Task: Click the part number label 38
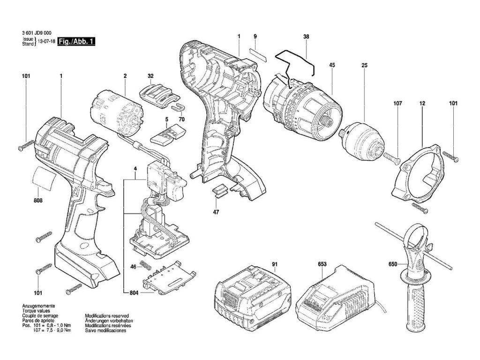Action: tap(306, 37)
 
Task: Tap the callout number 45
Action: tap(332, 65)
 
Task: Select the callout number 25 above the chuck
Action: tap(364, 65)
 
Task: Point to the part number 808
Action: tap(38, 201)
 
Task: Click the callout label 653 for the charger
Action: tap(322, 264)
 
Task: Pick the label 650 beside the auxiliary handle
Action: tap(393, 264)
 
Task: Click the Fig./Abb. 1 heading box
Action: tap(76, 42)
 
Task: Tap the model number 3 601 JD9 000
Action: tap(37, 33)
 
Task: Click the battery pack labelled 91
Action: tap(253, 299)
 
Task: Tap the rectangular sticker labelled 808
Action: tap(45, 178)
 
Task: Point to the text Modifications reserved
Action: tap(107, 315)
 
